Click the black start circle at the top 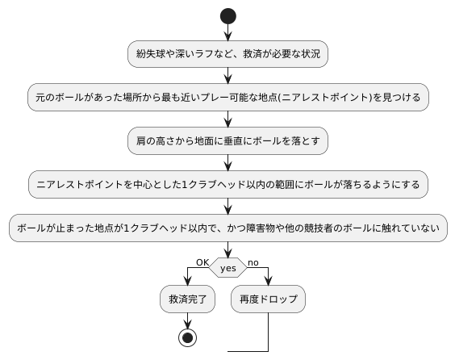pyautogui.click(x=227, y=15)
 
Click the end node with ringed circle pyautogui.click(x=187, y=337)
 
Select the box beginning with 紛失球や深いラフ pyautogui.click(x=227, y=54)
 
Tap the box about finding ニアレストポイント pyautogui.click(x=227, y=98)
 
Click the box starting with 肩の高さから pyautogui.click(x=227, y=141)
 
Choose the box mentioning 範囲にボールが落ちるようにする pyautogui.click(x=227, y=185)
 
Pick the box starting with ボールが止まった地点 pyautogui.click(x=227, y=228)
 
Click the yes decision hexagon pyautogui.click(x=227, y=266)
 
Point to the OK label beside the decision pyautogui.click(x=202, y=262)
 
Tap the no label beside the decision pyautogui.click(x=253, y=262)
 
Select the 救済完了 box pyautogui.click(x=187, y=299)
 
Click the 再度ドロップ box pyautogui.click(x=268, y=299)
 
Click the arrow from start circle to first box pyautogui.click(x=227, y=32)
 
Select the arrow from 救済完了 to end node pyautogui.click(x=187, y=320)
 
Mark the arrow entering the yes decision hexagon pyautogui.click(x=227, y=249)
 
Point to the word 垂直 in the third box pyautogui.click(x=221, y=141)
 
